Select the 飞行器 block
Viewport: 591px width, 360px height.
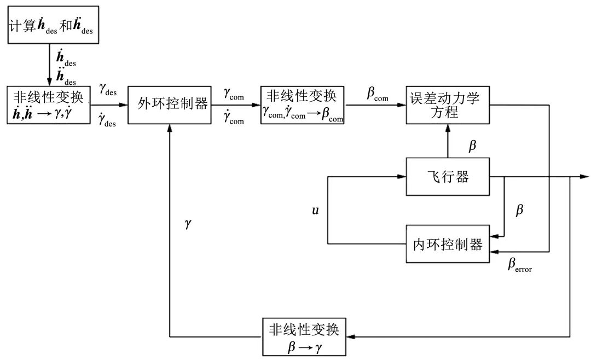[448, 177]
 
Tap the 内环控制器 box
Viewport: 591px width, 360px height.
[448, 243]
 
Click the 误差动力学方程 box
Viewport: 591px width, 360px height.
[448, 104]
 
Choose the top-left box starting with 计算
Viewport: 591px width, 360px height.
[53, 25]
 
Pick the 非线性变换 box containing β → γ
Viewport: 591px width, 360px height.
[305, 337]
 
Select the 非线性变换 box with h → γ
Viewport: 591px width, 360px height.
[49, 104]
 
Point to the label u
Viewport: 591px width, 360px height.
[315, 210]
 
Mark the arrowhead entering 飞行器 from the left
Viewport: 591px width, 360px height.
[401, 177]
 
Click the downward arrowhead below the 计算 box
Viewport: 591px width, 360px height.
[50, 82]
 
